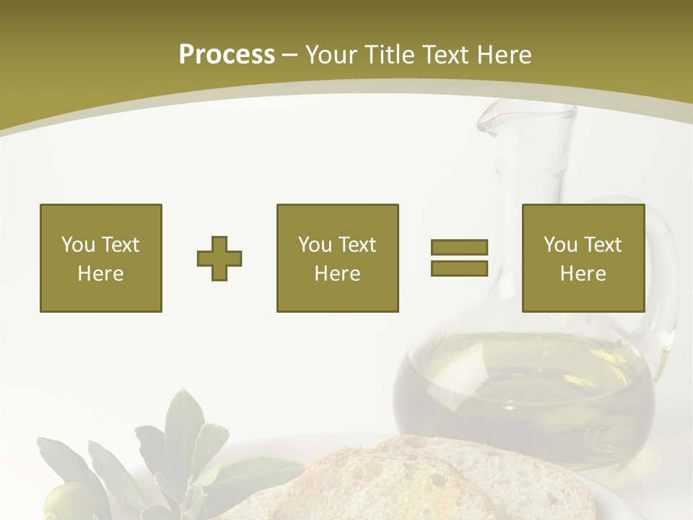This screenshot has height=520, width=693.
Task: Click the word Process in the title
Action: click(x=227, y=55)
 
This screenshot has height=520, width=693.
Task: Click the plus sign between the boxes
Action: click(x=219, y=259)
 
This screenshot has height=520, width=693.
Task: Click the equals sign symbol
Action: click(x=459, y=258)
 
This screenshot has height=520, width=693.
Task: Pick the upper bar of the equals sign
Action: click(x=459, y=248)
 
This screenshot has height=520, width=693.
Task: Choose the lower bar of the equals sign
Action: click(x=459, y=268)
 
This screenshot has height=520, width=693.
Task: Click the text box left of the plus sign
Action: click(x=101, y=258)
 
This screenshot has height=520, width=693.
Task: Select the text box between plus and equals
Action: click(x=337, y=258)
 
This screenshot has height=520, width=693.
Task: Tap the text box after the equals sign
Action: click(x=583, y=258)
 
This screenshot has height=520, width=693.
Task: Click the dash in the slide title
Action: click(x=289, y=55)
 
